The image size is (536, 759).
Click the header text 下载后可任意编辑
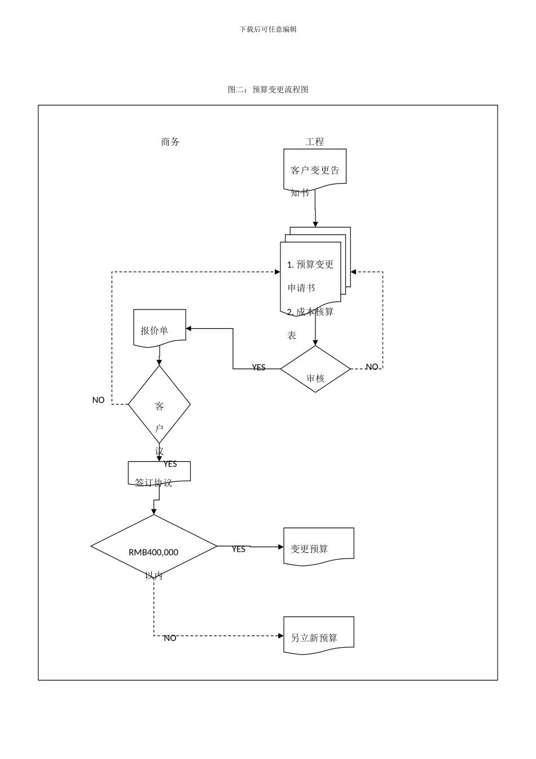(268, 29)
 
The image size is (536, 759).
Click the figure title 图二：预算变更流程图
(268, 89)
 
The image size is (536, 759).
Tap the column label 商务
(170, 142)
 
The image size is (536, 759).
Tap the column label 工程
(315, 142)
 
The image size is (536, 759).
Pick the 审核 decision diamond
(315, 369)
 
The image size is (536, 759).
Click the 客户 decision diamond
(159, 404)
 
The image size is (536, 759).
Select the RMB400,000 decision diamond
(153, 547)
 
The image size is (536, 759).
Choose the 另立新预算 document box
(319, 635)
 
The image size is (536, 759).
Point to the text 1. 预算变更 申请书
(310, 276)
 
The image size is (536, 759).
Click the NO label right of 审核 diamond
(372, 367)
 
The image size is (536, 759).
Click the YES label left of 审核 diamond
(258, 368)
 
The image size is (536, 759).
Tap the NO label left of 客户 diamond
(98, 400)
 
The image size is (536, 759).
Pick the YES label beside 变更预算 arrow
(239, 549)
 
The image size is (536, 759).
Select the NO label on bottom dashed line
(170, 638)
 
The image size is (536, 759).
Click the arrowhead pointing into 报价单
(190, 328)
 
